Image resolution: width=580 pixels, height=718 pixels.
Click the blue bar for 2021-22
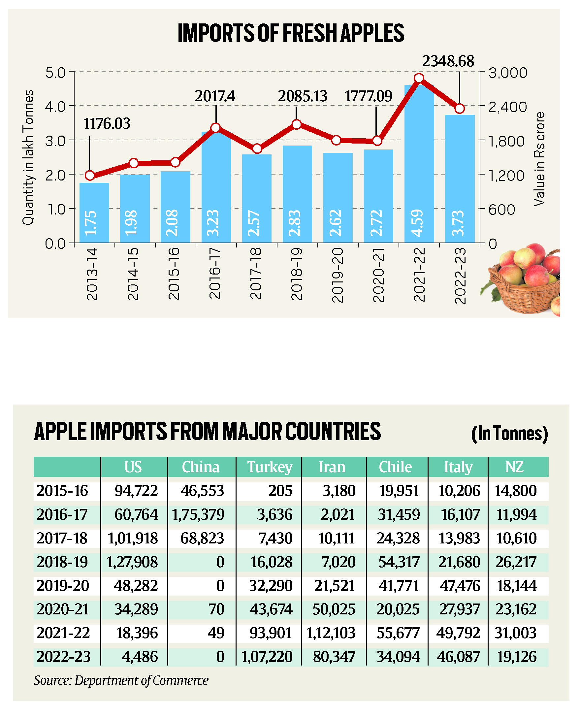pyautogui.click(x=419, y=164)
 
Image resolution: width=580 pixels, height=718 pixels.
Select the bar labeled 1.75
pyautogui.click(x=94, y=212)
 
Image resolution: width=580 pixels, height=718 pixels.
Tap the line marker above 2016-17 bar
pyautogui.click(x=216, y=128)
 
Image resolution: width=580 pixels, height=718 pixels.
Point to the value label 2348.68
pyautogui.click(x=448, y=61)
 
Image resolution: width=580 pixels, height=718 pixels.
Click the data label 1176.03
pyautogui.click(x=107, y=124)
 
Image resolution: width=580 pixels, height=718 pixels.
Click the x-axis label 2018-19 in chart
pyautogui.click(x=297, y=274)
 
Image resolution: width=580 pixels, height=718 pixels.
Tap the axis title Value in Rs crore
pyautogui.click(x=539, y=159)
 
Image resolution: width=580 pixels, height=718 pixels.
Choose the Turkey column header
pyautogui.click(x=269, y=467)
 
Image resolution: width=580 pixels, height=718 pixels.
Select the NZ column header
pyautogui.click(x=514, y=467)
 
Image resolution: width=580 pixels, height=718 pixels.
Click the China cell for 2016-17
pyautogui.click(x=198, y=514)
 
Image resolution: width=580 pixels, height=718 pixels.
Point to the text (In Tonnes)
pyautogui.click(x=509, y=434)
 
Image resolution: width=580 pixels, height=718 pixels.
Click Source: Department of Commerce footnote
pyautogui.click(x=121, y=681)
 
